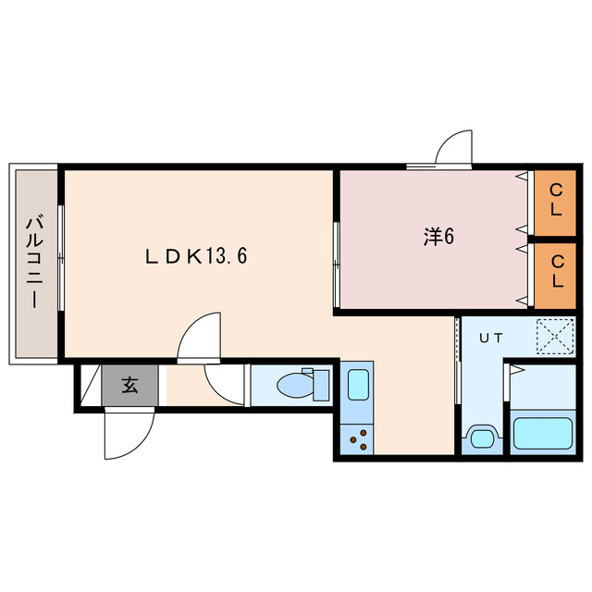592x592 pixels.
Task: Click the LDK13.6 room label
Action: [196, 256]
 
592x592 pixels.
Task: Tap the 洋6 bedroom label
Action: [438, 237]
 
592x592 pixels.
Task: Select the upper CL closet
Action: [555, 203]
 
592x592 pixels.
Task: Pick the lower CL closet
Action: [555, 276]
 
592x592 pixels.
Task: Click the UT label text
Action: [491, 338]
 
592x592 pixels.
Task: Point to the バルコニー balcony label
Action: [35, 262]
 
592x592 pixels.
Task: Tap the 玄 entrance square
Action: [129, 386]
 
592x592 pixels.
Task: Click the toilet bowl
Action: [295, 386]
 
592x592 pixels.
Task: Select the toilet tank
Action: [321, 385]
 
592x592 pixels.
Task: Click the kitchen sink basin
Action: [358, 385]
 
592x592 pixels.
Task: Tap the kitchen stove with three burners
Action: [357, 439]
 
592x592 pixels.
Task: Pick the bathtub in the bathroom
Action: [543, 434]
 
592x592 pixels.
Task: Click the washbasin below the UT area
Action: [483, 438]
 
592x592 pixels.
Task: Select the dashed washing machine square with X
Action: [556, 337]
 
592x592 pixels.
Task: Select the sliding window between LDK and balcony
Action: [61, 258]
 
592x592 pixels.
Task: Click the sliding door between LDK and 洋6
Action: [337, 265]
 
